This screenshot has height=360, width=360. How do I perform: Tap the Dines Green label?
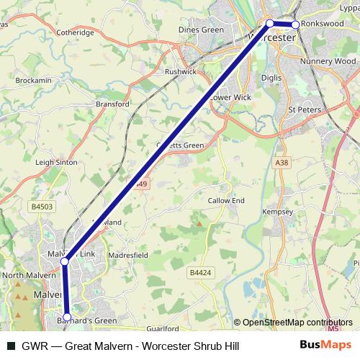[202, 30]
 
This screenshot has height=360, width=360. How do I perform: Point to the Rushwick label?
[180, 72]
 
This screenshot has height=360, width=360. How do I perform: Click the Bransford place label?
[112, 104]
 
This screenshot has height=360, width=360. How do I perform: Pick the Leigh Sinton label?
[56, 163]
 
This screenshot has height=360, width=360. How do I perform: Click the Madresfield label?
[127, 255]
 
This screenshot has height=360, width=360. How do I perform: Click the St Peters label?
[302, 109]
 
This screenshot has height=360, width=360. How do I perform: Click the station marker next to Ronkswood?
[295, 24]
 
